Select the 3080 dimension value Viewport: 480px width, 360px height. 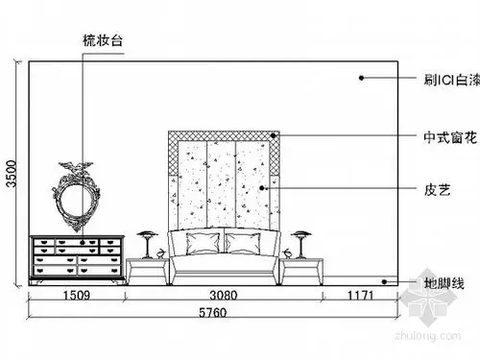coord(223,297)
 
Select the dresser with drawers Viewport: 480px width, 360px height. coord(78,259)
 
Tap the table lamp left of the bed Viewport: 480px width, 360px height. coord(147,244)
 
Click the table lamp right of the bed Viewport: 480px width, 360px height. coord(301,244)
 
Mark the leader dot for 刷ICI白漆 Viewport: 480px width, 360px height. coord(361,77)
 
